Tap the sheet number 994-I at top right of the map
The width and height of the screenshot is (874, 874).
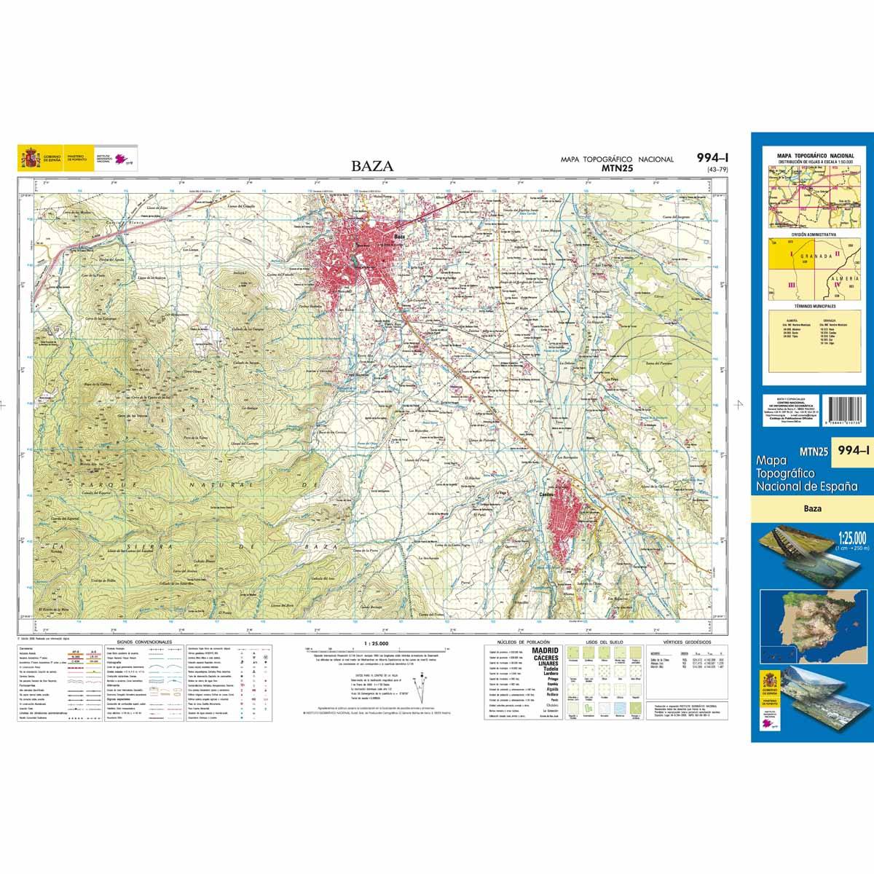pos(712,158)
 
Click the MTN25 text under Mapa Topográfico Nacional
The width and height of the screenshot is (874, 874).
pos(616,168)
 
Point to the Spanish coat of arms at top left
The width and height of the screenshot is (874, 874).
pos(30,157)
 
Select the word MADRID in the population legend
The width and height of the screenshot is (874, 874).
pos(546,650)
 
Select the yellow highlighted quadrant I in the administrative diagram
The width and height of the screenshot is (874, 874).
pos(784,255)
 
